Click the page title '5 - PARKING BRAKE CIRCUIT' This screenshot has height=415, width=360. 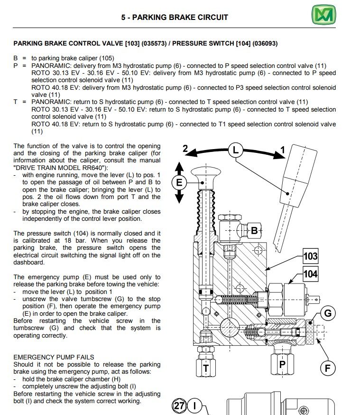click(x=175, y=17)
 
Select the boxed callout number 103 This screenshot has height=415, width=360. click(x=310, y=256)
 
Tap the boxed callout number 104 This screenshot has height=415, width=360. click(x=310, y=274)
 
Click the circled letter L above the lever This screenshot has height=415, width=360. click(x=236, y=151)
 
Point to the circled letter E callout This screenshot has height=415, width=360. click(x=179, y=182)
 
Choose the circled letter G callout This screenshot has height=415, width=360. click(x=328, y=313)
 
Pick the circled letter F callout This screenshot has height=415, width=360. click(x=327, y=368)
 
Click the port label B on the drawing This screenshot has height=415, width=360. click(x=254, y=231)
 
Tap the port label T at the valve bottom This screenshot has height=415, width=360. click(x=206, y=368)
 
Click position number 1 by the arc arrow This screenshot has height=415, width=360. click(x=283, y=150)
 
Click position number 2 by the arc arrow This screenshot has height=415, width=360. click(x=186, y=148)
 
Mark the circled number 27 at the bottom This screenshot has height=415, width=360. click(x=179, y=406)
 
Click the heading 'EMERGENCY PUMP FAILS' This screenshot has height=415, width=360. click(x=54, y=357)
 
